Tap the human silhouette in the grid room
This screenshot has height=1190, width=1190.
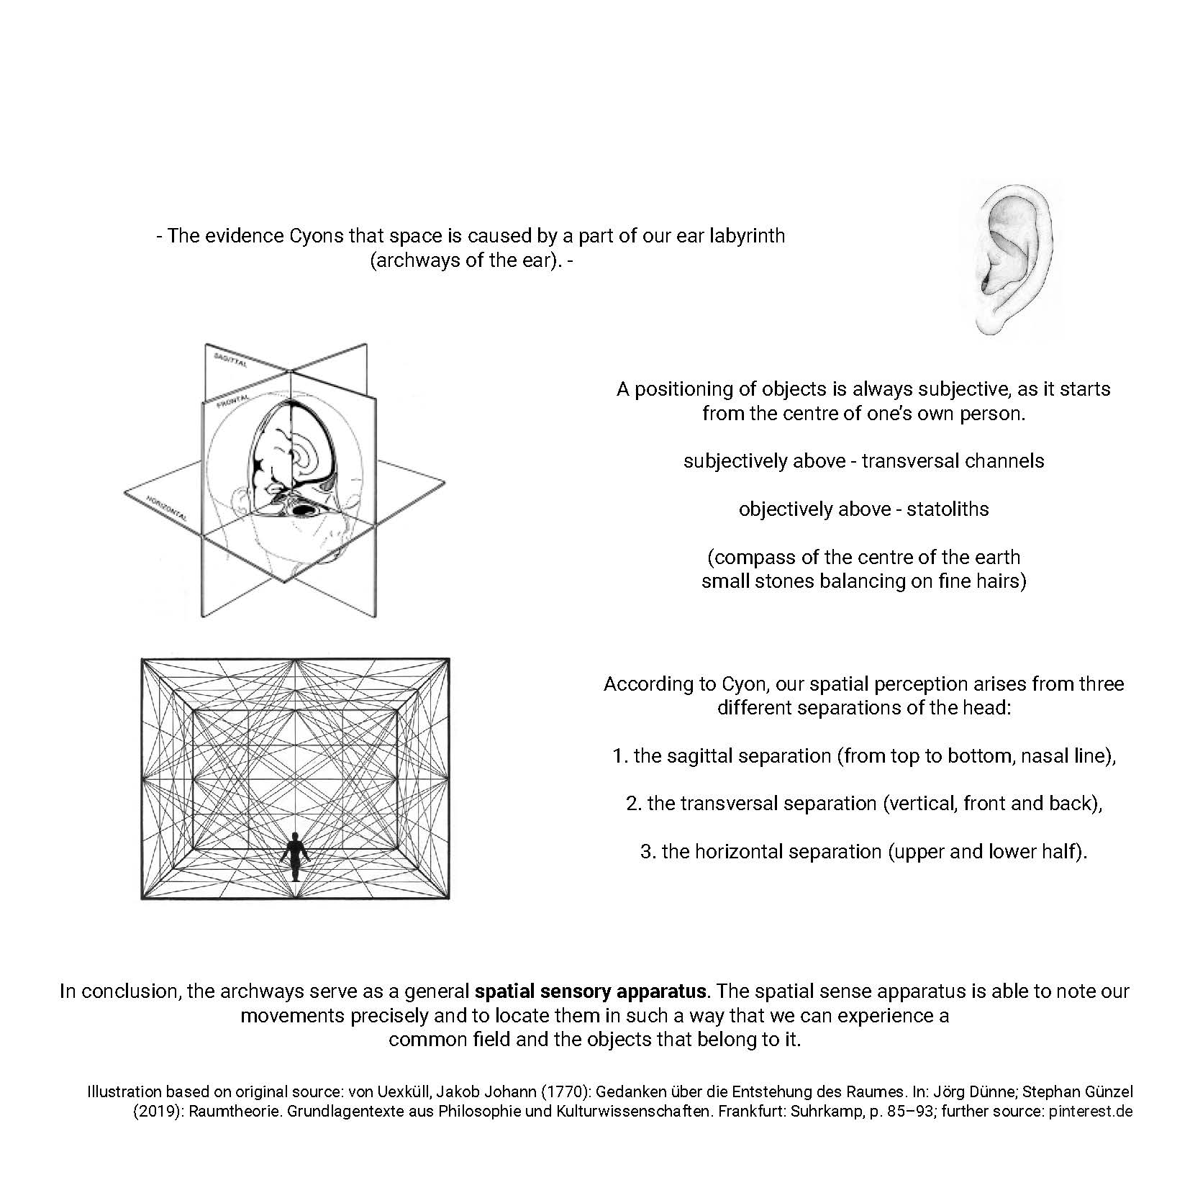[x=294, y=857]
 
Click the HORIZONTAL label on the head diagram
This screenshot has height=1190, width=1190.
[x=167, y=509]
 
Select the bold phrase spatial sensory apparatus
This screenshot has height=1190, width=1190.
[x=590, y=991]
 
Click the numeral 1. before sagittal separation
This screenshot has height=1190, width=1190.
[x=621, y=756]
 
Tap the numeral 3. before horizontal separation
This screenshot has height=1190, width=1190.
[x=648, y=852]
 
